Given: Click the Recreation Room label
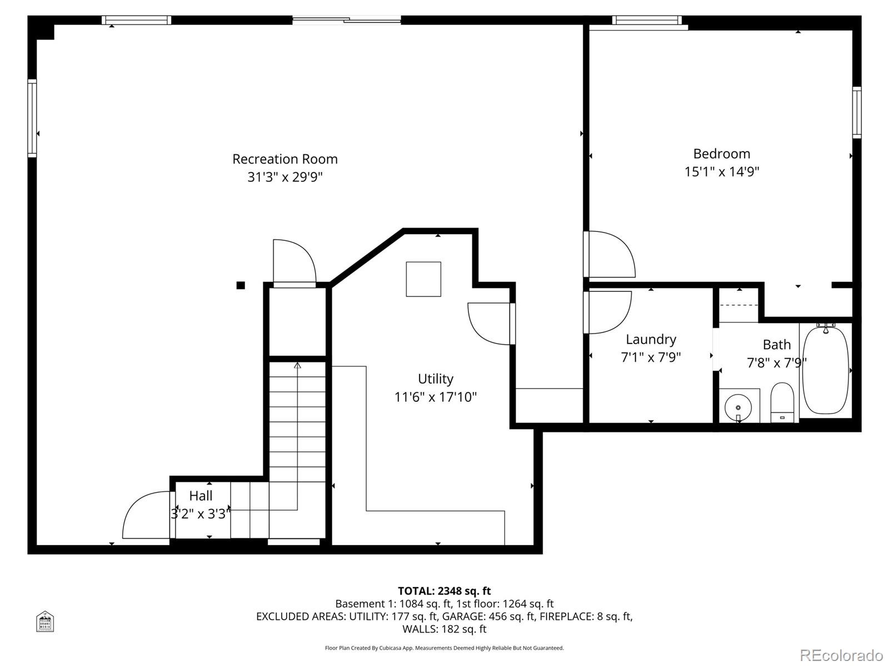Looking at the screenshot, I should [284, 159].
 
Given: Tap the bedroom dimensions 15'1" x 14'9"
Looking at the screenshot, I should [721, 172].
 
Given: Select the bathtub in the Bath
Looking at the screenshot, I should [826, 369].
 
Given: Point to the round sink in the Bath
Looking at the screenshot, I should [738, 408].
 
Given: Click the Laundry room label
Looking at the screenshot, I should [651, 339].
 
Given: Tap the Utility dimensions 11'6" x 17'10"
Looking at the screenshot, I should [435, 397].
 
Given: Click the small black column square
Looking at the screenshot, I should [241, 285].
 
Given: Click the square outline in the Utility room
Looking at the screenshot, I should [423, 279].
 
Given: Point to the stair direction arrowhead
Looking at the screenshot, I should [297, 365].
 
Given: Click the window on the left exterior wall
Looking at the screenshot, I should [32, 118].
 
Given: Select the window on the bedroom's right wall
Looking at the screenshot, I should [857, 113].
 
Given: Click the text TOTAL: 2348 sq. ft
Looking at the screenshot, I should [444, 591].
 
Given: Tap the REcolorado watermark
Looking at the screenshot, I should [841, 655].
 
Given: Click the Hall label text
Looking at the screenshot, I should [201, 496].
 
